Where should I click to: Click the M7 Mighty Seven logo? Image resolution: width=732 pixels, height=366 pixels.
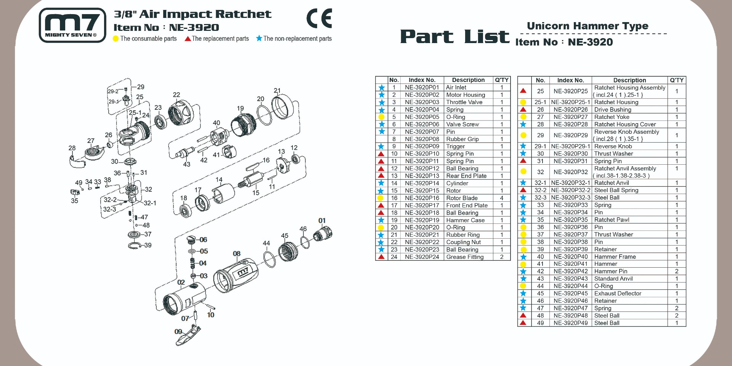(x=72, y=25)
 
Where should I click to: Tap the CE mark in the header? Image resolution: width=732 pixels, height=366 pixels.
(x=319, y=18)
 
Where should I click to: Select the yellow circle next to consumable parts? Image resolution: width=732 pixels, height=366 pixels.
(x=116, y=39)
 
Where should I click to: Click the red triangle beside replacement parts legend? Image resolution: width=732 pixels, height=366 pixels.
(x=188, y=39)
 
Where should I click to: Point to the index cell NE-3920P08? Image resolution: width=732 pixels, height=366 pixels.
(x=422, y=139)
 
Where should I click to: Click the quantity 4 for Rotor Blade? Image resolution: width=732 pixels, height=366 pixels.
(x=501, y=198)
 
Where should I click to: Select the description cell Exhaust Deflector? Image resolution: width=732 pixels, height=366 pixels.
(x=618, y=294)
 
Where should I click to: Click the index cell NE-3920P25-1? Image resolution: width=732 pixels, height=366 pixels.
(x=570, y=102)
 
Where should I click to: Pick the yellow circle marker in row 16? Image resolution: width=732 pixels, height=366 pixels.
(x=380, y=198)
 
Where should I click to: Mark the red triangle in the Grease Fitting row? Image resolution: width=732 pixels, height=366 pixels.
(x=381, y=257)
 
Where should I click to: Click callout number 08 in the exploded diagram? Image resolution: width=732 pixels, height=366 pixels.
(x=236, y=254)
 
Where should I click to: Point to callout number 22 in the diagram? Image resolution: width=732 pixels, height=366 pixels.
(x=176, y=95)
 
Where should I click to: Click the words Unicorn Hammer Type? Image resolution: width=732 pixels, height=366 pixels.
(x=587, y=26)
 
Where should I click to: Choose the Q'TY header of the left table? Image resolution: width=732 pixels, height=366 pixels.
(x=501, y=80)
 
